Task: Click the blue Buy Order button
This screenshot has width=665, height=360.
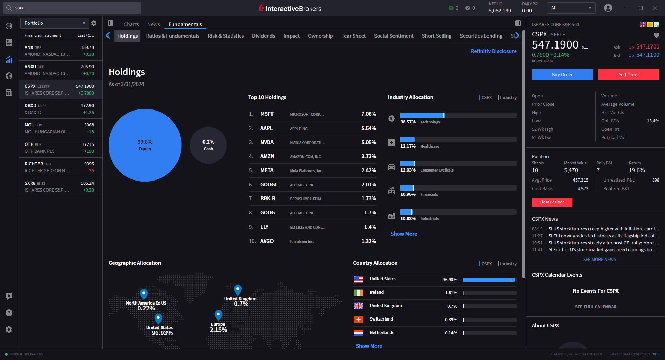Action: coord(562,75)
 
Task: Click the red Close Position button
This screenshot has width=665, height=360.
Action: coord(552,202)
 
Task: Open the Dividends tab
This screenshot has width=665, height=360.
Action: coord(263,36)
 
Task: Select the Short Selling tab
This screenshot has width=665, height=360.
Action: coord(436,36)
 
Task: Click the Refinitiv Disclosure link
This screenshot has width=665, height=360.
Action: coord(493,51)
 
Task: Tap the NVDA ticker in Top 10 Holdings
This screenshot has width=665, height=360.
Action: coord(267,142)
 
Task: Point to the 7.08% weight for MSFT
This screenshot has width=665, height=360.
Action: coord(368,114)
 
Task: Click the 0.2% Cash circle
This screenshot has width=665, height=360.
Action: coord(208,145)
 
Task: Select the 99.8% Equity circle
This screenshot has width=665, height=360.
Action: coord(145,145)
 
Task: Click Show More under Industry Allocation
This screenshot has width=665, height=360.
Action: coord(404,234)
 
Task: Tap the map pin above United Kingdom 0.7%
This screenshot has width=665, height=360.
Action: coord(237,289)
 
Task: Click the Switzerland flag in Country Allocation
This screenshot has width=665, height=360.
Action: coord(358,319)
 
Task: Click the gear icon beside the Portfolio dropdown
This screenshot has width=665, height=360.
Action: coord(94,23)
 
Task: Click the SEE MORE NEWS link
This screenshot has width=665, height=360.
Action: coord(599,260)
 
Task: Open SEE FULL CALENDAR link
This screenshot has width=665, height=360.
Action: coord(595,307)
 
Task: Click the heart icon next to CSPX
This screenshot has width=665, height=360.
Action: coord(656,35)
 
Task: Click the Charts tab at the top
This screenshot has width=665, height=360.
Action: coord(131,24)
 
